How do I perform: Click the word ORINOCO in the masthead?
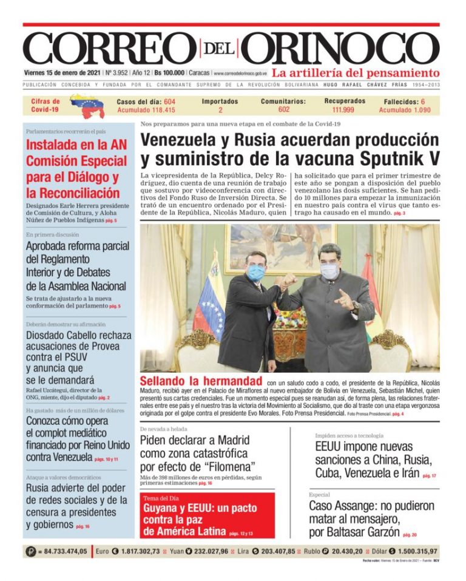343,47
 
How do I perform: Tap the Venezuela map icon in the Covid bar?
87,106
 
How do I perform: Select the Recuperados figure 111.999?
344,110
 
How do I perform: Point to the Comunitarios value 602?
283,110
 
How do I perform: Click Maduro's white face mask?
329,271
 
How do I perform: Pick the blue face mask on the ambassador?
256,273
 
